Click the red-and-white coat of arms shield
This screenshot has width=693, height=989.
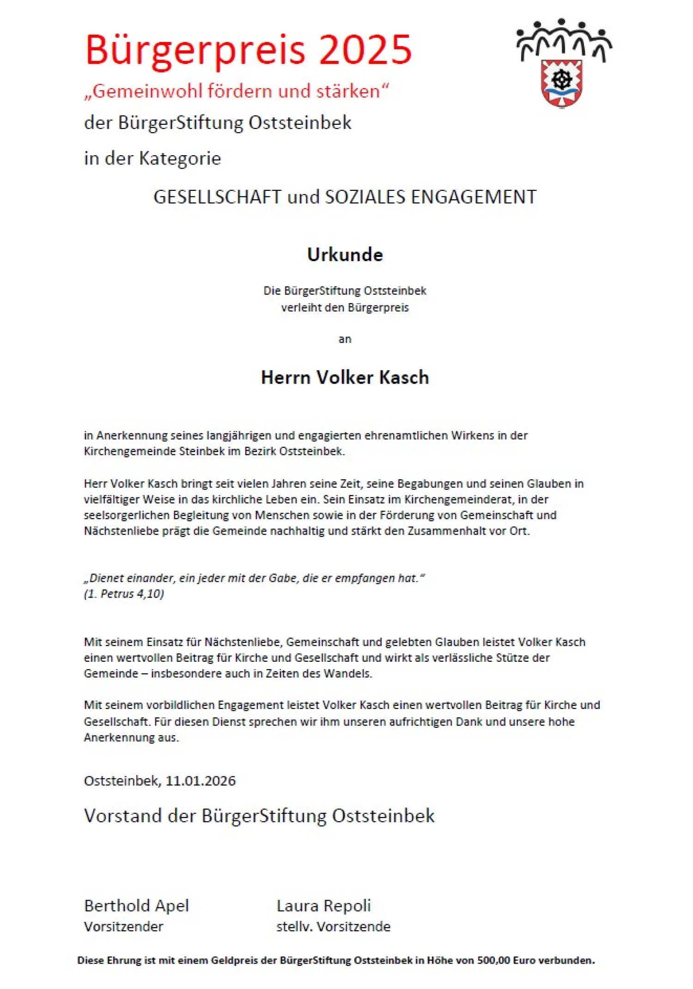(x=562, y=83)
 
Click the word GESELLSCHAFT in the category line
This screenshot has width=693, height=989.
(x=217, y=197)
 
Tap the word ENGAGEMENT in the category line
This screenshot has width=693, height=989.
(x=474, y=197)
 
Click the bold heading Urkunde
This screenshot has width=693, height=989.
(x=345, y=255)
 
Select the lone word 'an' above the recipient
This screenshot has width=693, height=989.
(x=345, y=339)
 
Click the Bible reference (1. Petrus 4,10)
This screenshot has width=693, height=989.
(x=124, y=594)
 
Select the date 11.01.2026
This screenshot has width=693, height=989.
(x=201, y=781)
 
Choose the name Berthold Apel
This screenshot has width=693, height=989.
(x=136, y=905)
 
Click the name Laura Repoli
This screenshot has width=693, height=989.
(x=323, y=905)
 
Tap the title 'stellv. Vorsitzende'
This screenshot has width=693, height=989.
(x=333, y=927)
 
